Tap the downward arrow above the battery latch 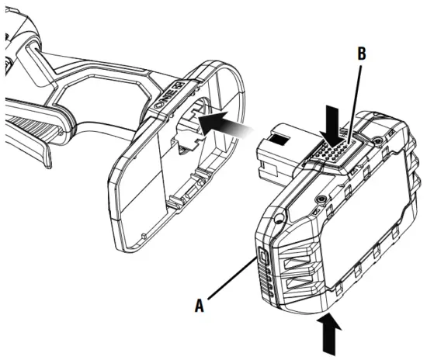[x=332, y=124]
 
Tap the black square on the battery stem [x=278, y=141]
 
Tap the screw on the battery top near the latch [x=319, y=199]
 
